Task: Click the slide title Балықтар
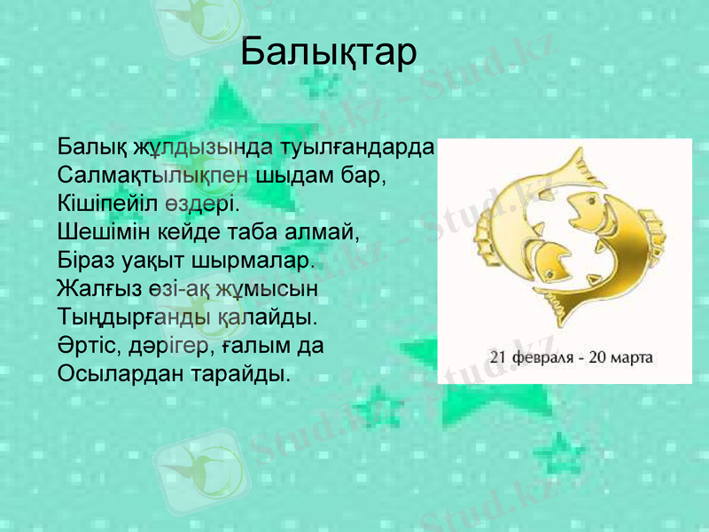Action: (x=328, y=52)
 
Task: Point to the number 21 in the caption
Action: (x=499, y=359)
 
